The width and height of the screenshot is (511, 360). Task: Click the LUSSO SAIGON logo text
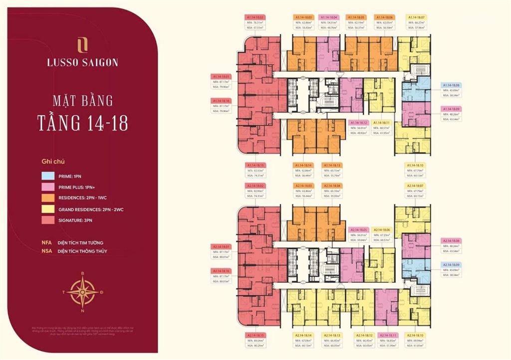(82, 63)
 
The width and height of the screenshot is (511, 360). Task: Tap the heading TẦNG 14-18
(82, 122)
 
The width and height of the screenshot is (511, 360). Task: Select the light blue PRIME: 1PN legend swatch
(48, 176)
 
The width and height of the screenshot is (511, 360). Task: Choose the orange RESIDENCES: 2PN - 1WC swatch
(48, 198)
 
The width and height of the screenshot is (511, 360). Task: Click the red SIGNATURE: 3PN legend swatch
(48, 221)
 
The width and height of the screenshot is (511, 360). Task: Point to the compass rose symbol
(82, 292)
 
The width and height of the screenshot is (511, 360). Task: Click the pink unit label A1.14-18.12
(358, 122)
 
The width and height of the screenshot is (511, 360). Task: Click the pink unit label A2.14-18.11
(388, 336)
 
